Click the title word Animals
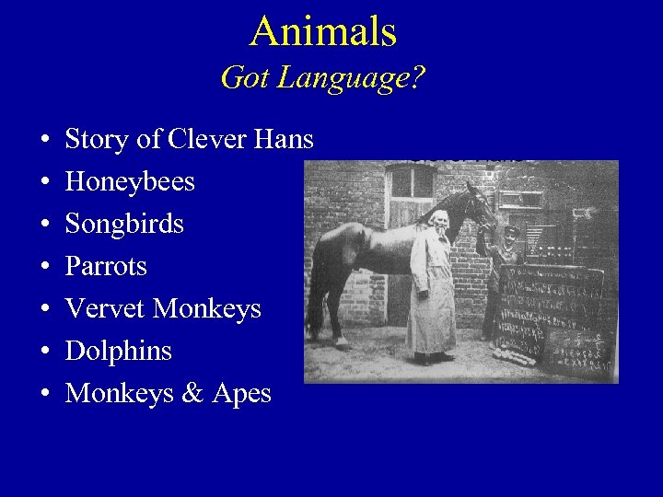[x=322, y=31]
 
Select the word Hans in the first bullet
[x=284, y=140]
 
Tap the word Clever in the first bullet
[x=206, y=140]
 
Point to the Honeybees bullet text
[x=130, y=182]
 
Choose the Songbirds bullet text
[x=124, y=225]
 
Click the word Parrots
[x=106, y=267]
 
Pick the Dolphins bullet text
[x=119, y=352]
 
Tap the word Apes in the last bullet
[x=242, y=394]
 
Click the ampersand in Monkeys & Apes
[x=192, y=394]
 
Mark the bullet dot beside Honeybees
[x=45, y=183]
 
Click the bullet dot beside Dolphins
[x=45, y=353]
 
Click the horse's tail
[x=318, y=276]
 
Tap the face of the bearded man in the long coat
[x=439, y=222]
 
